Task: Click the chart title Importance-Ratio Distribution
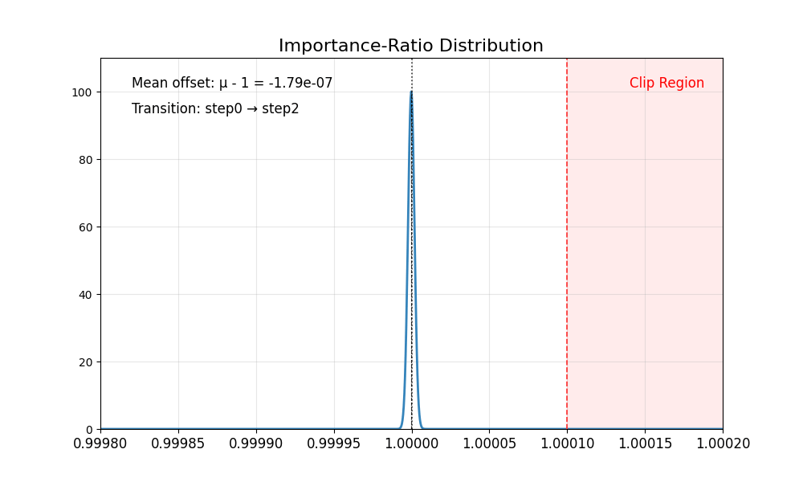[x=411, y=46]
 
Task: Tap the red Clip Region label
[x=666, y=83]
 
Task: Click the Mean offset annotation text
[x=232, y=83]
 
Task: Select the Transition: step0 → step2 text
[x=215, y=108]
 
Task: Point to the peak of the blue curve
[x=411, y=92]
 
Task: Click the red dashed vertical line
[x=567, y=241]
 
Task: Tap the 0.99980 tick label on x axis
[x=100, y=444]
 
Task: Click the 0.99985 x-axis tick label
[x=178, y=444]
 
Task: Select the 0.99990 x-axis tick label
[x=256, y=444]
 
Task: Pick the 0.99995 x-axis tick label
[x=334, y=444]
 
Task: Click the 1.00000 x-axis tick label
[x=412, y=444]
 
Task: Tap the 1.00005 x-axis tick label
[x=489, y=444]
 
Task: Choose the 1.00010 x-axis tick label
[x=567, y=444]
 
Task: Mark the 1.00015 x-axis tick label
[x=645, y=444]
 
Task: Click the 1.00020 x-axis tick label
[x=723, y=444]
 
